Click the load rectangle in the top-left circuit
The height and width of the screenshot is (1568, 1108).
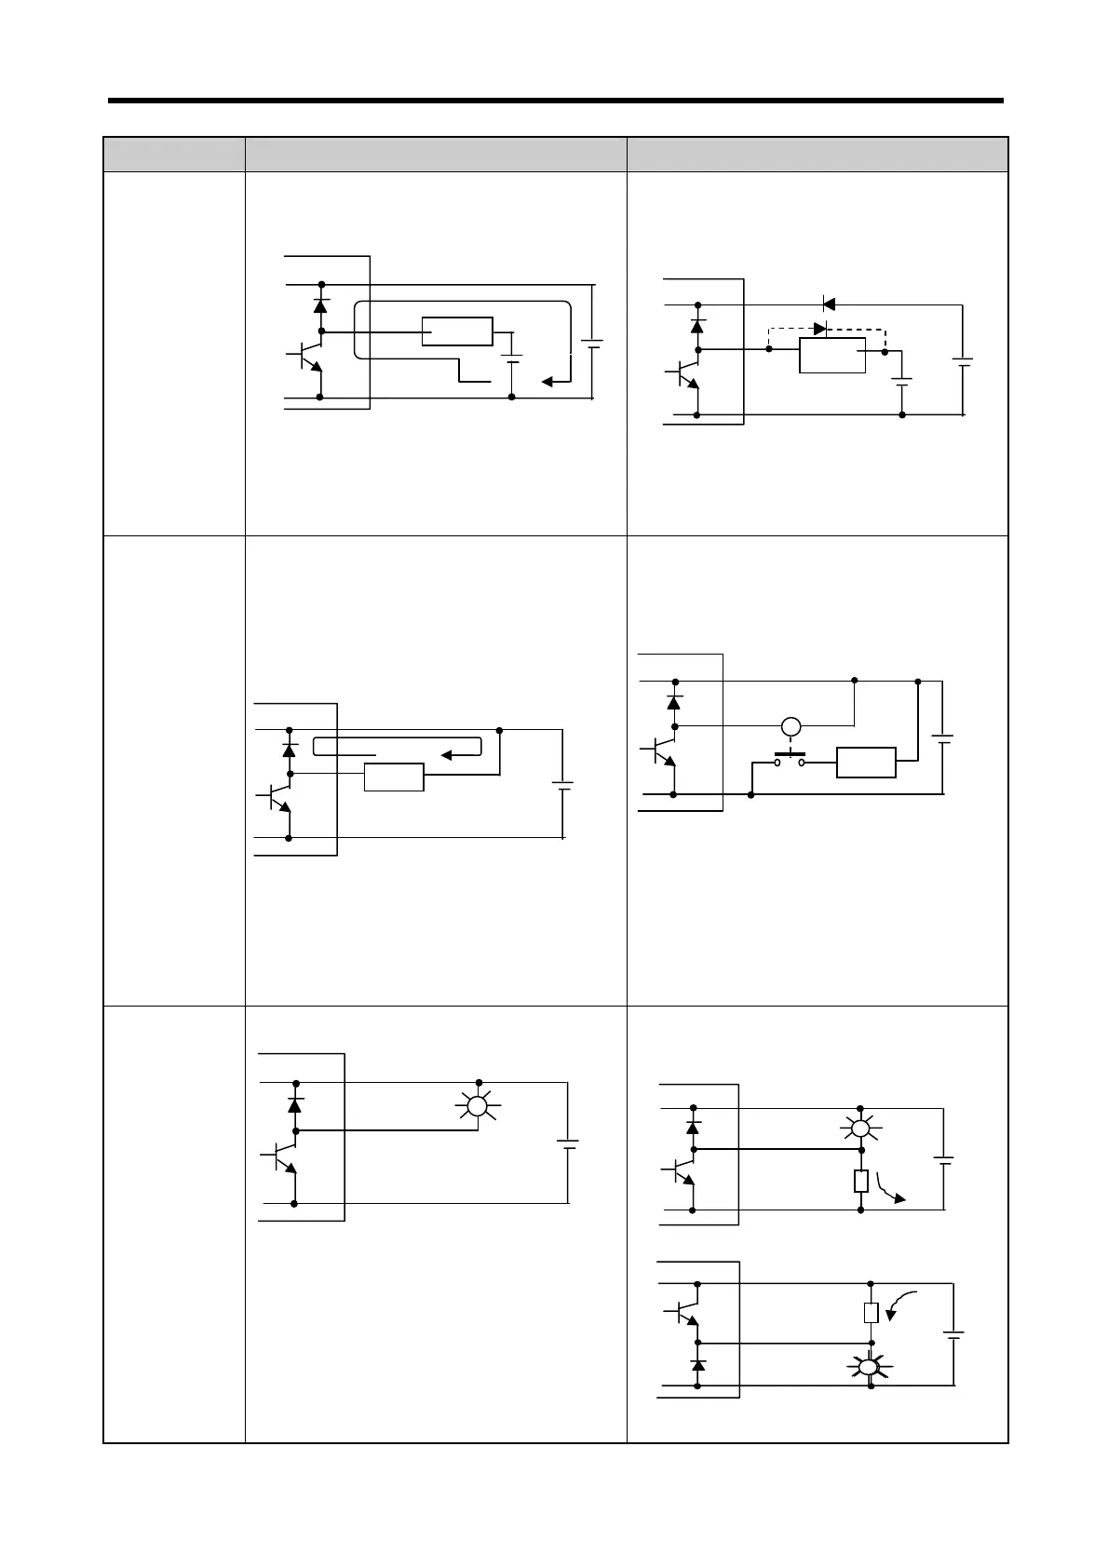[457, 331]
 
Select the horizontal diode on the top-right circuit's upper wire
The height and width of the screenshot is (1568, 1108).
[827, 304]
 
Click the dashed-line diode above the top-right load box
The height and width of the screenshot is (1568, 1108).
[820, 328]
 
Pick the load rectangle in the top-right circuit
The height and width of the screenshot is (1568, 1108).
[832, 356]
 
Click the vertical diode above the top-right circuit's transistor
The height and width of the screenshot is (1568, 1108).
[696, 326]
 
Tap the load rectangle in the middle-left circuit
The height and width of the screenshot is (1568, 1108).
[394, 777]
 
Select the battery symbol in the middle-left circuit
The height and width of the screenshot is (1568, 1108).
[563, 786]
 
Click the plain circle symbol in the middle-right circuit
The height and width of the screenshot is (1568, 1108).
[790, 726]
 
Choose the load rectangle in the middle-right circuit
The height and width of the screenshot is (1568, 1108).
[866, 762]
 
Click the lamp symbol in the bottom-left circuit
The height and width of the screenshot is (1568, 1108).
[478, 1106]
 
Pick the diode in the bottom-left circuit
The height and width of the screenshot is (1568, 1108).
[295, 1105]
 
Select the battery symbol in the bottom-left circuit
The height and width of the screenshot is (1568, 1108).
[568, 1143]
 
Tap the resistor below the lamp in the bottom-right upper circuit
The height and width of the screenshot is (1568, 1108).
[860, 1182]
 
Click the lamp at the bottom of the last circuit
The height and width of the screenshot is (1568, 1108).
[869, 1368]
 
